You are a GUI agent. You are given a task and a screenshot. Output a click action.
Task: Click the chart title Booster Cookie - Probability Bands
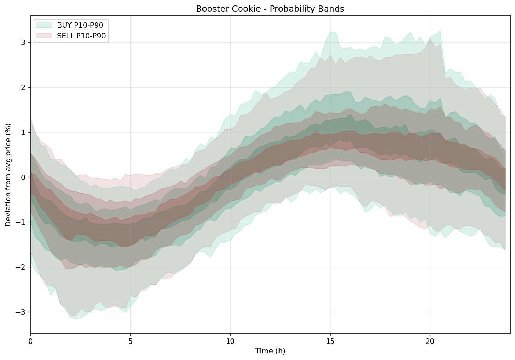click(x=270, y=9)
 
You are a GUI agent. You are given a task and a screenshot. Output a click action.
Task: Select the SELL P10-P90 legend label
click(x=81, y=36)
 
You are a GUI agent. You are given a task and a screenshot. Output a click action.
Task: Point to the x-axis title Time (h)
click(x=270, y=351)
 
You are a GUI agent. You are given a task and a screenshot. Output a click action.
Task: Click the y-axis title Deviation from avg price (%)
click(x=8, y=175)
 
